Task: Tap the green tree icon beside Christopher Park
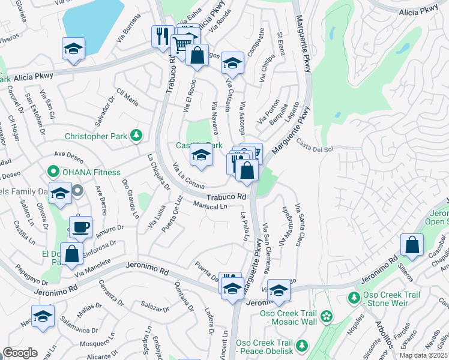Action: pos(137,136)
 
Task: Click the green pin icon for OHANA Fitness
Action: pos(52,172)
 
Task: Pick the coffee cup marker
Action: pos(80,227)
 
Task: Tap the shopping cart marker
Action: pos(181,43)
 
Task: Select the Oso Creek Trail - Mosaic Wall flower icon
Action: pos(326,316)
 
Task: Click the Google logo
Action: pos(20,353)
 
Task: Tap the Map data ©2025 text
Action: pos(423,355)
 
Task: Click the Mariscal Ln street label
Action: pos(210,206)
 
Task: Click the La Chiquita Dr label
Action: pos(159,172)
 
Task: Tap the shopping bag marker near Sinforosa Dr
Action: pos(71,253)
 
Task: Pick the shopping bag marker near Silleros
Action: pos(412,245)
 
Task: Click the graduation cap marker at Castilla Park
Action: pos(201,155)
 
